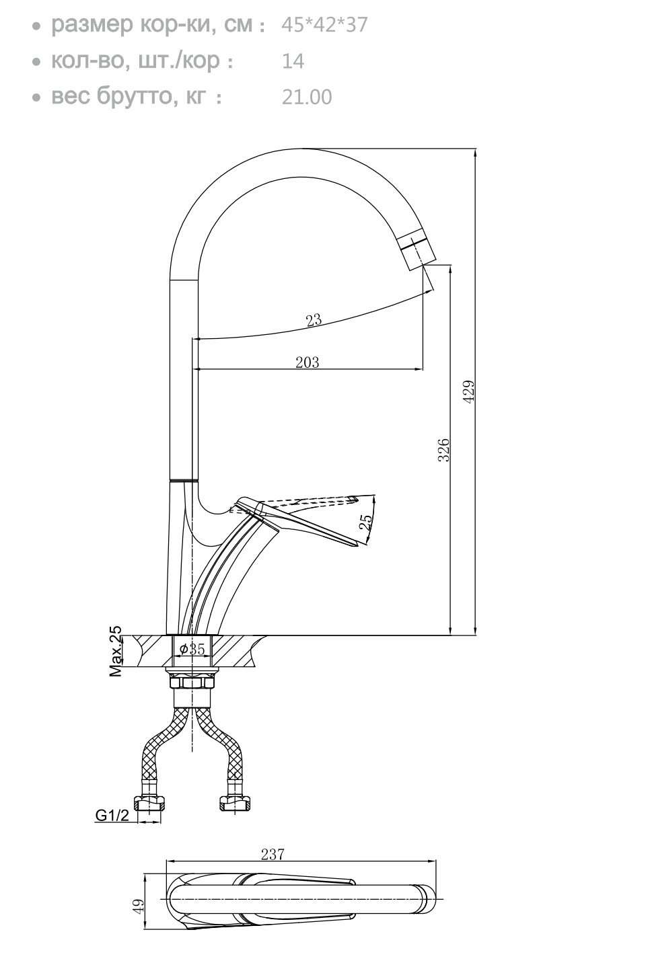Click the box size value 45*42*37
tap(324, 25)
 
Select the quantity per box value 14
tap(293, 61)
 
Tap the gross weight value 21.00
tap(307, 97)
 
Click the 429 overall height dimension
tap(469, 392)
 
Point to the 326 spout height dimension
tap(444, 450)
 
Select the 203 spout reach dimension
tap(307, 362)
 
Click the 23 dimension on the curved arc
tap(314, 320)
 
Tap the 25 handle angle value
tap(366, 522)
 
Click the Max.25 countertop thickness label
tap(115, 652)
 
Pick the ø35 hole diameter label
tap(192, 649)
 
